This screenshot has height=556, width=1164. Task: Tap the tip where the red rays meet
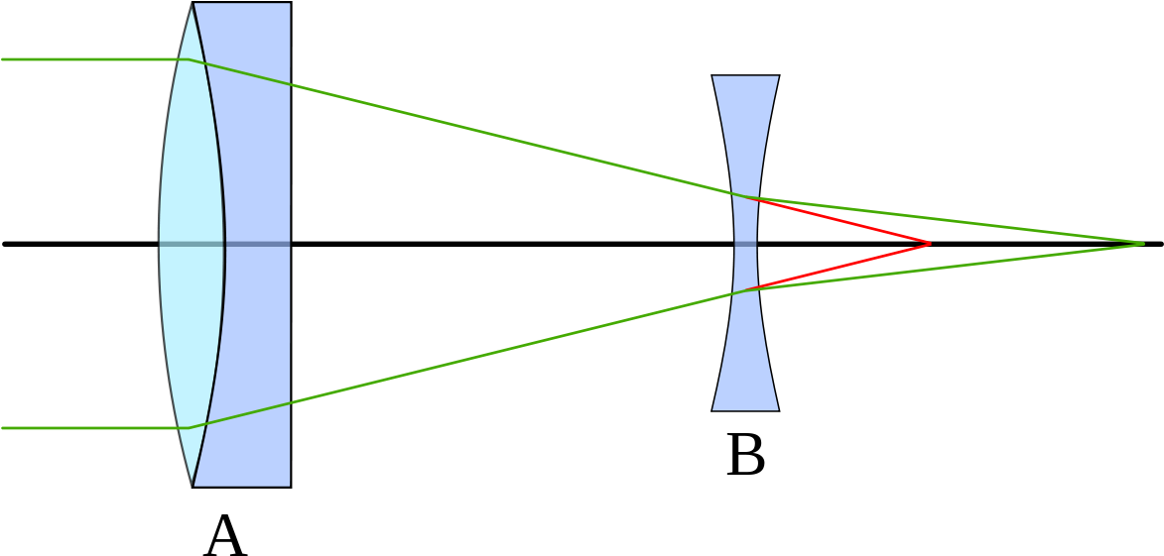[930, 244]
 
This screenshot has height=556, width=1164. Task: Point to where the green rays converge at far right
[1143, 244]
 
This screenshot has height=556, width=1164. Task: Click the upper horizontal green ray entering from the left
[89, 59]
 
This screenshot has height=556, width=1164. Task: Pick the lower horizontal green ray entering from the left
[89, 428]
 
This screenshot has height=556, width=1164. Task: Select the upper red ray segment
[843, 221]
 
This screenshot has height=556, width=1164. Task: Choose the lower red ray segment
[843, 266]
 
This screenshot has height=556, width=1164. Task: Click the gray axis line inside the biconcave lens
[745, 244]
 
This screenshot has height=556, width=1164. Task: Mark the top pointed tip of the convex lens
[193, 5]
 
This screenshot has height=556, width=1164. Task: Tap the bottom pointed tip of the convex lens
[193, 484]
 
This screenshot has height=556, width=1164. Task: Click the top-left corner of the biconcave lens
[713, 77]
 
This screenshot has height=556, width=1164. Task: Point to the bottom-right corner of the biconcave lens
[777, 408]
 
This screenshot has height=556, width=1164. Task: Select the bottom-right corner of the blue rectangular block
[289, 485]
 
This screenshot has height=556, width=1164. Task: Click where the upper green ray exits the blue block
[290, 84]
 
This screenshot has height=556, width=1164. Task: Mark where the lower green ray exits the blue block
[290, 403]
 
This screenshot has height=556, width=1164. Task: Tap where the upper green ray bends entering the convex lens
[187, 59]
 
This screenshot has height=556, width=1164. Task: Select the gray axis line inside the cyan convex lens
[191, 244]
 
